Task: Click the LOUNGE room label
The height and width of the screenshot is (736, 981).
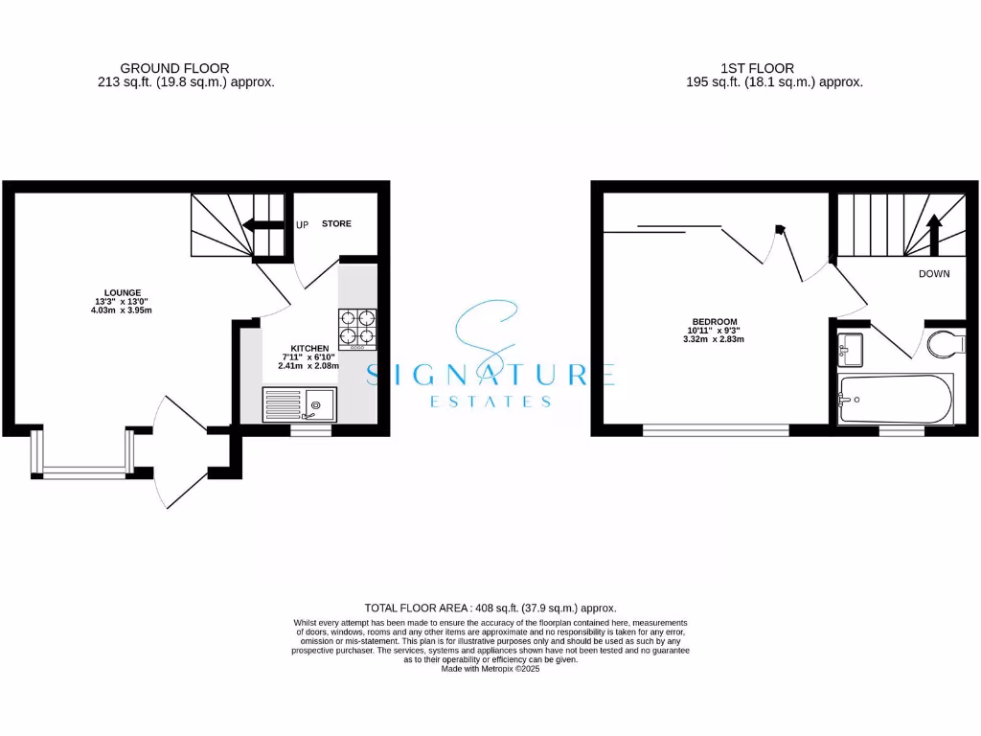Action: tap(123, 292)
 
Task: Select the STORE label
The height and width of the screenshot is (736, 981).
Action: tap(336, 224)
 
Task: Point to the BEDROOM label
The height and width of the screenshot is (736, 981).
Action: tap(715, 321)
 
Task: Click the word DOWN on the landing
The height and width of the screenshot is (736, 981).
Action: tap(934, 274)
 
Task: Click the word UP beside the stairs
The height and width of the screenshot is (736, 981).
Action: tap(303, 225)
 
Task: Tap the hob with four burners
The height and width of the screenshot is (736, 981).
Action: tap(357, 327)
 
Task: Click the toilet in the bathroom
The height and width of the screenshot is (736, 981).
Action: tap(947, 341)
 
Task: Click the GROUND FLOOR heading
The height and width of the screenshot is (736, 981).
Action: tap(174, 68)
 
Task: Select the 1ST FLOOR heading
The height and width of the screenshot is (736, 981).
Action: tap(757, 68)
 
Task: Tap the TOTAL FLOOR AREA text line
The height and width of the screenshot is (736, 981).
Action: tap(490, 608)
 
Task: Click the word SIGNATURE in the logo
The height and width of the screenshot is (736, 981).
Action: tap(490, 374)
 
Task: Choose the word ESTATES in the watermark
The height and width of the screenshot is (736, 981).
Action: tap(490, 402)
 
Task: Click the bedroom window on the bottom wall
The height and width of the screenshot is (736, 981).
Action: tap(716, 431)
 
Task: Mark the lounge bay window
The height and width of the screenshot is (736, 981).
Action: tap(82, 471)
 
